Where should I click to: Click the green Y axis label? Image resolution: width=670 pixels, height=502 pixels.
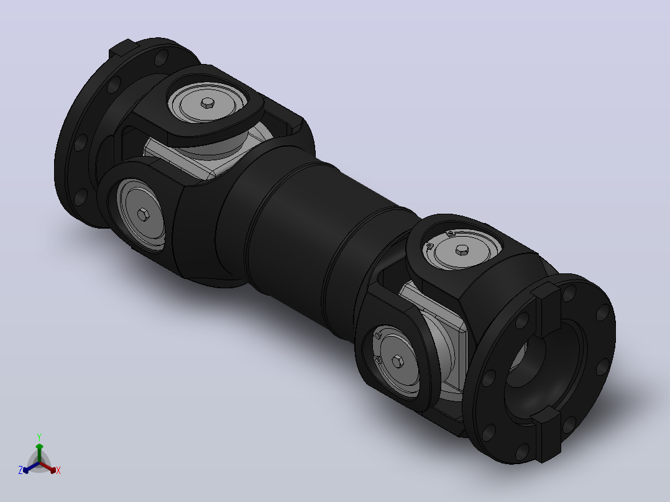click(x=39, y=437)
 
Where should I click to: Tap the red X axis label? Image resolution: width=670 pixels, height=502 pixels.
click(x=58, y=470)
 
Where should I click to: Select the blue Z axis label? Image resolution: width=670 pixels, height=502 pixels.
click(x=20, y=470)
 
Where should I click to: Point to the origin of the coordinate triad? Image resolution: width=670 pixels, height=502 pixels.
click(x=39, y=463)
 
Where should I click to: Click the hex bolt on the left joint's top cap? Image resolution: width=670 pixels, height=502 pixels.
click(x=208, y=103)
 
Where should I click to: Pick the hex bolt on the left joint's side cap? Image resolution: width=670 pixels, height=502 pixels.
click(x=143, y=214)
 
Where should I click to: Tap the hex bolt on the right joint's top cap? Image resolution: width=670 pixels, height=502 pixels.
click(x=462, y=250)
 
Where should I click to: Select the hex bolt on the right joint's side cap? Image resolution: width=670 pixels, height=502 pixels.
click(x=398, y=362)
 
